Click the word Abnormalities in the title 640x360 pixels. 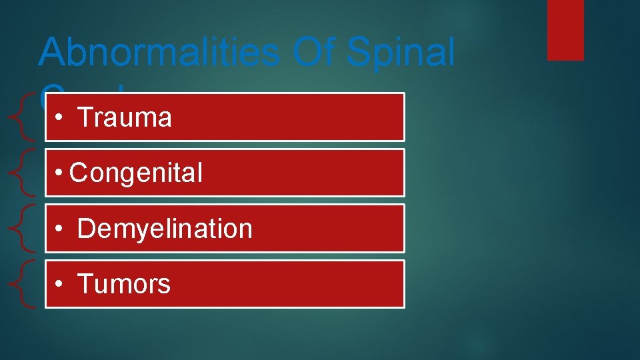(159, 52)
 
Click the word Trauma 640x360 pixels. (125, 118)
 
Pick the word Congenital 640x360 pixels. (136, 173)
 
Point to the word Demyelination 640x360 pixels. (165, 229)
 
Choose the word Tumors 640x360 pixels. (124, 285)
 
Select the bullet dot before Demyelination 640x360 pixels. (60, 229)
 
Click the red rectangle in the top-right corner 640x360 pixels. (565, 29)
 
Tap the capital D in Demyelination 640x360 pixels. (86, 229)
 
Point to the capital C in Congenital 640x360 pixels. (78, 173)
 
